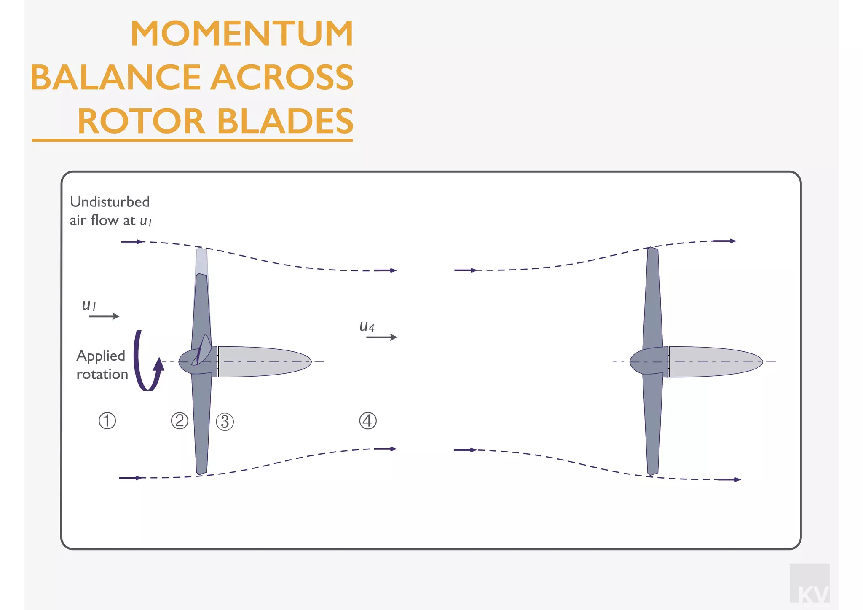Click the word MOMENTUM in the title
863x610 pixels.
coord(241,34)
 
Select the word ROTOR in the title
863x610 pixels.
coord(141,121)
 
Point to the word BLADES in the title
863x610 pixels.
coord(285,121)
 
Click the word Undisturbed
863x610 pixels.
coord(110,202)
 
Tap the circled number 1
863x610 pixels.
coord(107,421)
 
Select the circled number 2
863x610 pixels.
coord(180,421)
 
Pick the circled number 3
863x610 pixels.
coord(225,422)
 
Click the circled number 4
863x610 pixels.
coord(367,421)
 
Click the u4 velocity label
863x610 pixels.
coord(367,326)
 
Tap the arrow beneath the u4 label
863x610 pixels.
coord(381,337)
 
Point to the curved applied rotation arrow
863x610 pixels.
coord(145,362)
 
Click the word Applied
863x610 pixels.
coord(101,356)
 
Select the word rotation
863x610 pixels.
coord(102,374)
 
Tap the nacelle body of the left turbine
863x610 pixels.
coord(263,361)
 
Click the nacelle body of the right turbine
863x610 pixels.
coord(714,361)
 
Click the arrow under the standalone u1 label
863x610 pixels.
coord(104,316)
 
